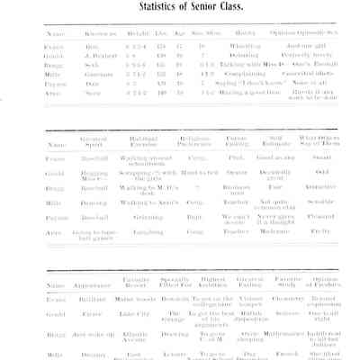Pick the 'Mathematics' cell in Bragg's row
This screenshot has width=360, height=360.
pyautogui.click(x=289, y=334)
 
